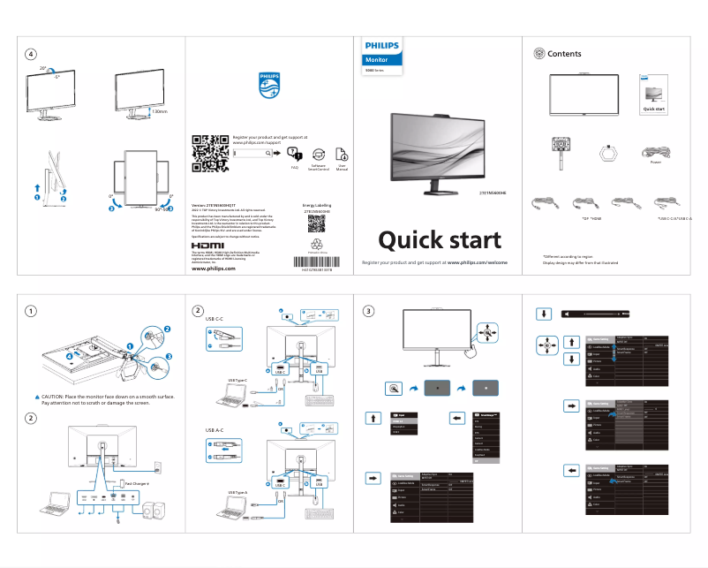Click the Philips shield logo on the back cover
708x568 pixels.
point(267,87)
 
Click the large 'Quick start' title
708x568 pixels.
point(439,239)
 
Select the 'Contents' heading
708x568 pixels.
point(564,54)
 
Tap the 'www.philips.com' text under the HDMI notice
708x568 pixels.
point(214,269)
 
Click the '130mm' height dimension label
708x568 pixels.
point(159,112)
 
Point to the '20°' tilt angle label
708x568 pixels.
point(42,67)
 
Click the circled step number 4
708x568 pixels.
point(31,54)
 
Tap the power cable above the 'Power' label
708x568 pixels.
point(655,151)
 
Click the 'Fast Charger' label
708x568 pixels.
point(137,483)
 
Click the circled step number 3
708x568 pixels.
point(369,310)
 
